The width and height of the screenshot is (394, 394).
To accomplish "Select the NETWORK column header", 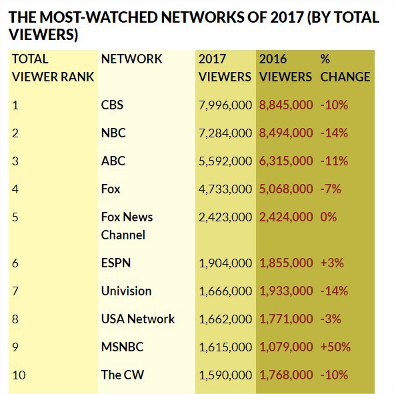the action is click(132, 59).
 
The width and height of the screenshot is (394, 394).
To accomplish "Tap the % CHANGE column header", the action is click(345, 68).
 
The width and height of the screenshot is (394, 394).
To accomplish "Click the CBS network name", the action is click(112, 105).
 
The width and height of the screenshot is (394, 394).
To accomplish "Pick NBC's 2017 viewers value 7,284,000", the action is click(225, 133).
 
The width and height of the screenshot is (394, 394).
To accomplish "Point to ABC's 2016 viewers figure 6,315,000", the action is click(286, 161).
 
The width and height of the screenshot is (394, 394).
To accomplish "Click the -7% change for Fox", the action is click(331, 189).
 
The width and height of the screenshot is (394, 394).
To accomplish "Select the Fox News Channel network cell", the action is click(127, 226).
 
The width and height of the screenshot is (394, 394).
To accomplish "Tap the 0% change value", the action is click(328, 217).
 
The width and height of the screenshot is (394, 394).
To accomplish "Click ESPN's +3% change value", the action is click(332, 263).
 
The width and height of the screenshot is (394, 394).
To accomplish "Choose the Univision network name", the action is click(127, 291).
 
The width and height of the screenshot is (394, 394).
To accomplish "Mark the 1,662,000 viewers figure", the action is click(225, 319).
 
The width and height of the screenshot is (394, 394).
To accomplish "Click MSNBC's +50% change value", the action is click(335, 347).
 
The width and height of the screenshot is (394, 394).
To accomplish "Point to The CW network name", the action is click(123, 375).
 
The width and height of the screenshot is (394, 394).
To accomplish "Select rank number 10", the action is click(19, 375).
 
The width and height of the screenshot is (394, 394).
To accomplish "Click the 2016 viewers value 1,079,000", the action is click(286, 347).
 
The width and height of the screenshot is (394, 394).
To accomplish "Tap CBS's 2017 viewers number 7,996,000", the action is click(225, 105).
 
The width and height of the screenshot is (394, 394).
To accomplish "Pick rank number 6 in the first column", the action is click(15, 263).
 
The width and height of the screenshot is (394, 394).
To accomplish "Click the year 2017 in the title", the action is click(287, 17).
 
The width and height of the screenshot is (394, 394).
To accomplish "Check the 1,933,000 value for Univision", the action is click(286, 291).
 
